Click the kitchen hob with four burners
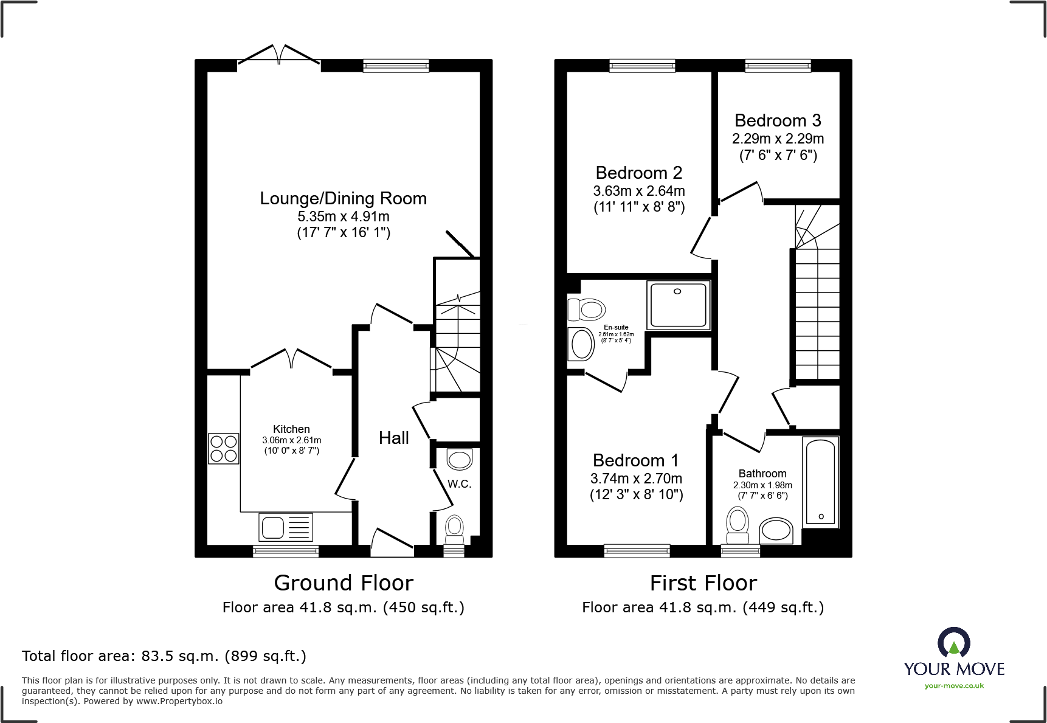pyautogui.click(x=223, y=449)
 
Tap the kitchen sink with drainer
pyautogui.click(x=286, y=527)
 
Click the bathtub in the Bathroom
pyautogui.click(x=821, y=482)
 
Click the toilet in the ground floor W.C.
pyautogui.click(x=454, y=529)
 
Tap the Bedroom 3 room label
pyautogui.click(x=778, y=120)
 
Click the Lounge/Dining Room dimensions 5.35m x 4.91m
pyautogui.click(x=343, y=216)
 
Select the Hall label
pyautogui.click(x=393, y=438)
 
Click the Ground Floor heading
pyautogui.click(x=344, y=583)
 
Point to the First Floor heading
pyautogui.click(x=703, y=583)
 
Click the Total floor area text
pyautogui.click(x=164, y=656)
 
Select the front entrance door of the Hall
pyautogui.click(x=392, y=542)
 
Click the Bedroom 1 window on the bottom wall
pyautogui.click(x=637, y=551)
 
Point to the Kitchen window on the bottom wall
pyautogui.click(x=285, y=551)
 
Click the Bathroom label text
pyautogui.click(x=762, y=474)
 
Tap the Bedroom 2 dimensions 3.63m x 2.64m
pyautogui.click(x=639, y=191)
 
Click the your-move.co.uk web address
pyautogui.click(x=954, y=686)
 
